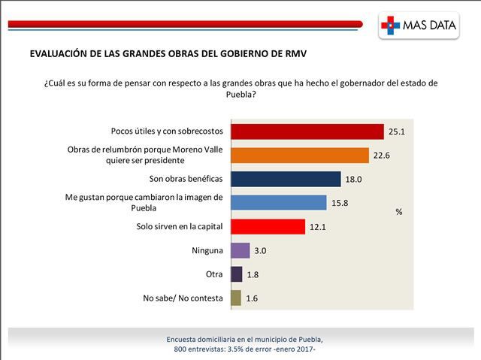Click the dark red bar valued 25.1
point(307,132)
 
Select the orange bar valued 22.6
point(299,156)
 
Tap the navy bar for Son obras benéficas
point(286,179)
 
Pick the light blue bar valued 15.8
point(278,202)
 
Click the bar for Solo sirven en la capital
point(267,226)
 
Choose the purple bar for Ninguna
point(240,250)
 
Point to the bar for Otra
point(236,274)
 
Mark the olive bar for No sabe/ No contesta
point(235,298)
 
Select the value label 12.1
point(319,227)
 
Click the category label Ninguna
point(207,250)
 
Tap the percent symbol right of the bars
point(399,212)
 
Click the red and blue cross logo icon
point(391,25)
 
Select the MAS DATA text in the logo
point(430,26)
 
